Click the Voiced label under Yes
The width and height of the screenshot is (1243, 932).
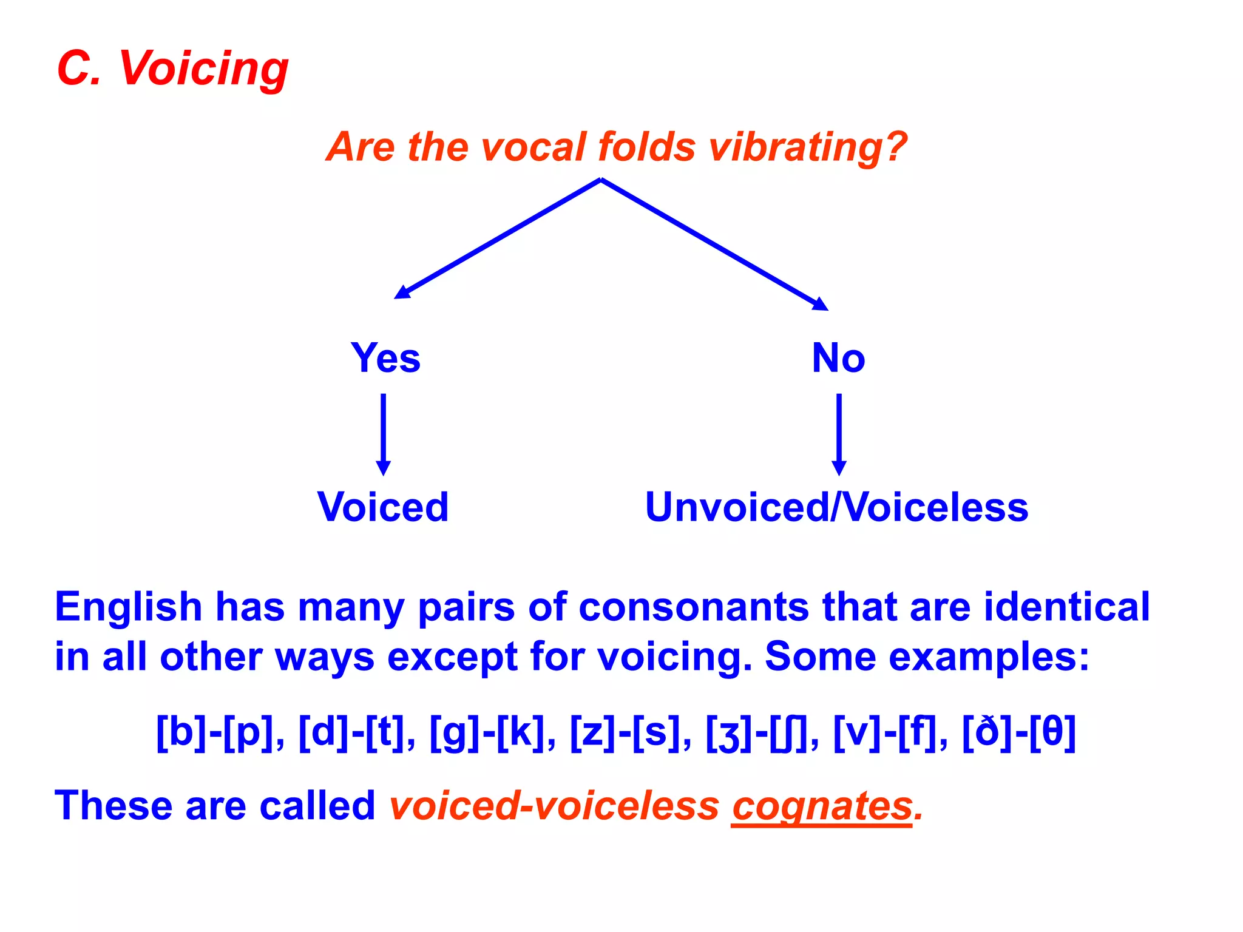pos(383,507)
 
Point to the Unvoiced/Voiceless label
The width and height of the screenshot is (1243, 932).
pos(836,507)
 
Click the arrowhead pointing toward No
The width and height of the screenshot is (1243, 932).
pos(821,304)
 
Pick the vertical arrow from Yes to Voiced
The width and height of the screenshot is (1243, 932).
pos(383,434)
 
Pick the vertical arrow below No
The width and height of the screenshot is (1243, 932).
pos(839,434)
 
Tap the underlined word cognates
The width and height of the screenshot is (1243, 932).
pos(822,806)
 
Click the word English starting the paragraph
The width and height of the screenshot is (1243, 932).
pos(128,607)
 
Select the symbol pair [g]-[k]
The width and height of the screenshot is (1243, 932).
pos(487,732)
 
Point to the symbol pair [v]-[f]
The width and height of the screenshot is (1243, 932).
pos(886,732)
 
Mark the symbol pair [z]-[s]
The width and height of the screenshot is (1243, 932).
pos(625,732)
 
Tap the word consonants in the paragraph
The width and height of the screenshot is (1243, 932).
pos(694,607)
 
